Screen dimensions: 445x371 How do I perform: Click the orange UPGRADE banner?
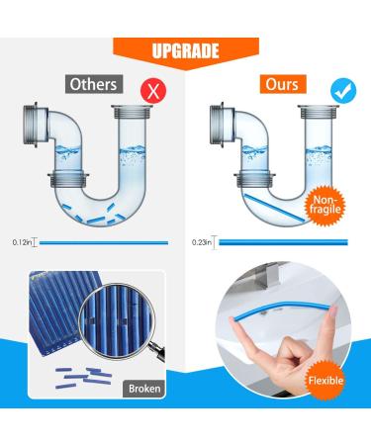click(x=185, y=48)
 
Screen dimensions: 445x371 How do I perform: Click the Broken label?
click(x=142, y=417)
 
